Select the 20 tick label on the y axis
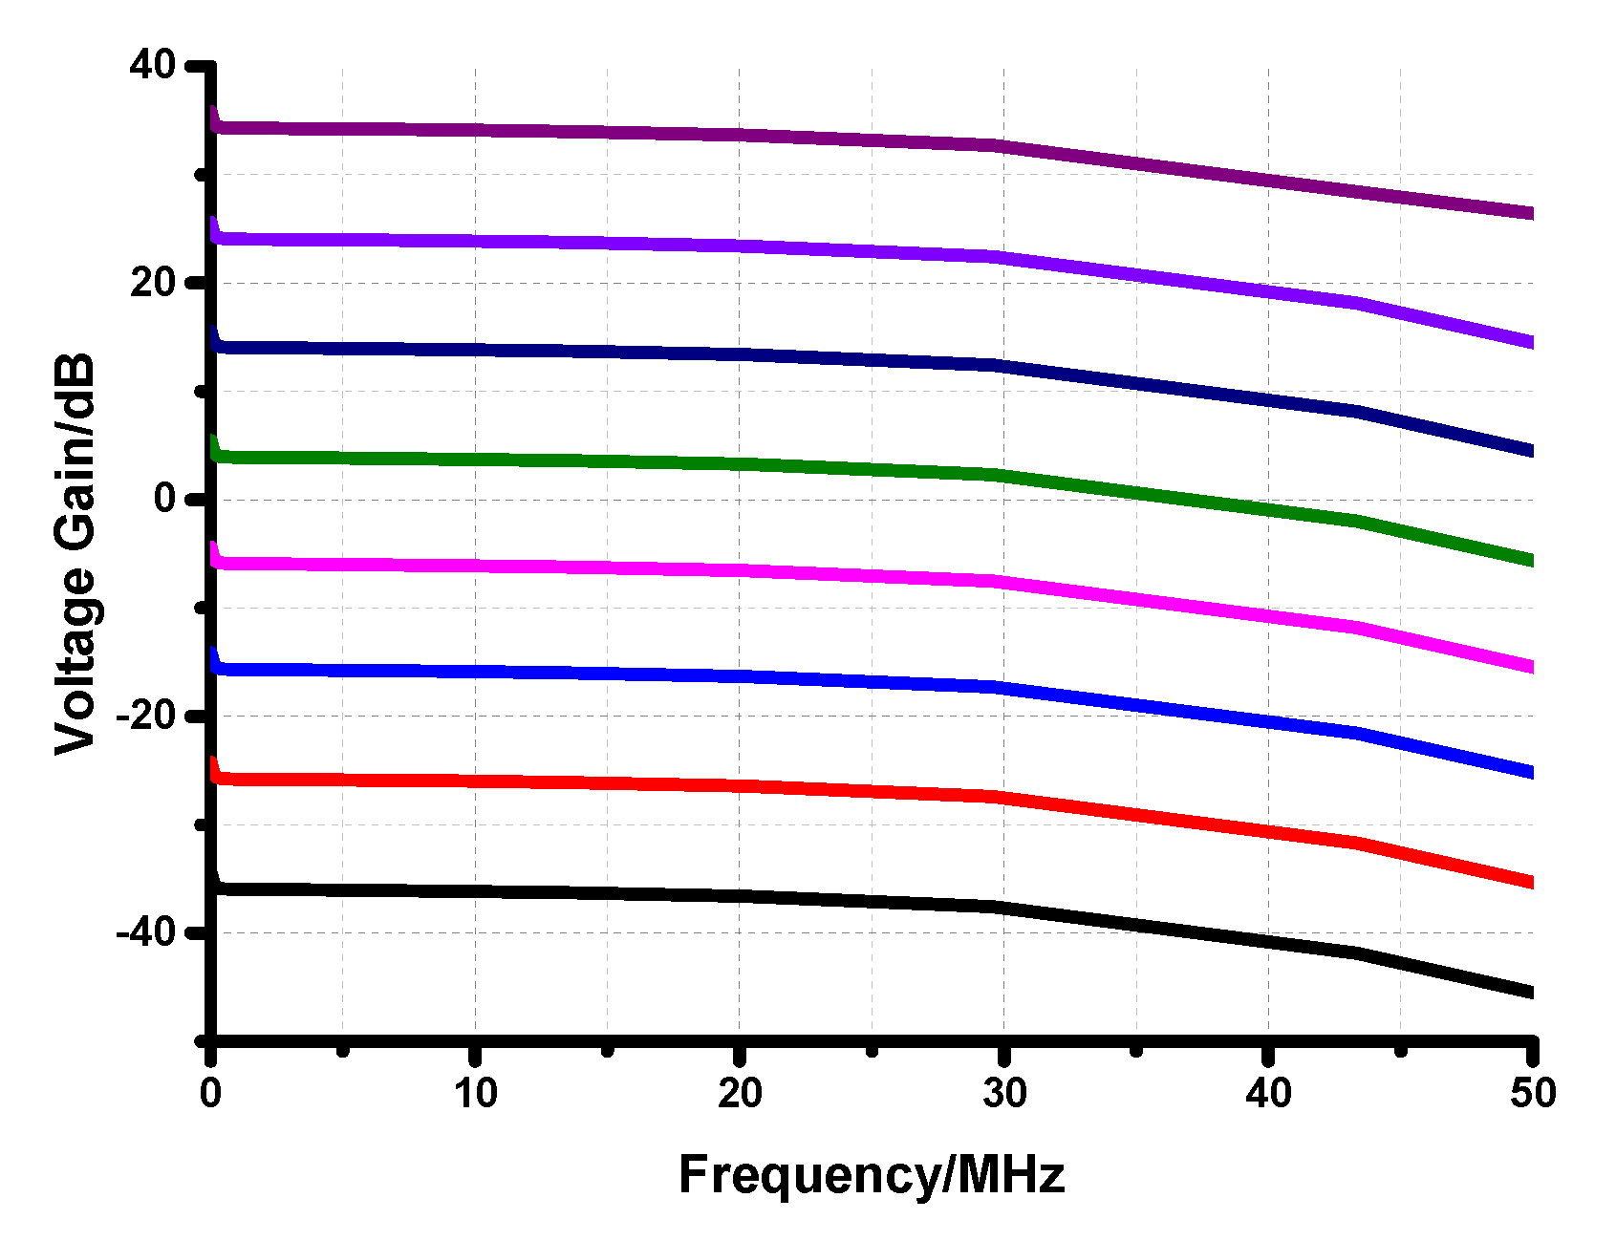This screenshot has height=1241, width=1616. coord(153,282)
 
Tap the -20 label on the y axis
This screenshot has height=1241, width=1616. coord(145,715)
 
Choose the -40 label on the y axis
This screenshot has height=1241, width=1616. coord(145,931)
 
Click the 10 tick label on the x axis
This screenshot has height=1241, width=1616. coord(475,1093)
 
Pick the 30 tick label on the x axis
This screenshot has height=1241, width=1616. coord(1003,1093)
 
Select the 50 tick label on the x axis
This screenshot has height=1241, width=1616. coord(1533,1093)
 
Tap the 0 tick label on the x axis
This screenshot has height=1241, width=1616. coord(211,1093)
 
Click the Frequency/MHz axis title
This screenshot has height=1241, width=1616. coord(871,1174)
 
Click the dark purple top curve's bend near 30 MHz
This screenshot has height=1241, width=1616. coord(1000,145)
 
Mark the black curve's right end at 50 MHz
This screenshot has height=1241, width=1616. coord(1530,993)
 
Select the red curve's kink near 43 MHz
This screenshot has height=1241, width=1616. coord(1357,842)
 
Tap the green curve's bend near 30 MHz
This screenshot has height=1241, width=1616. coord(1000,475)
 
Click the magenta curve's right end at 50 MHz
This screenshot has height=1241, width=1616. coord(1530,667)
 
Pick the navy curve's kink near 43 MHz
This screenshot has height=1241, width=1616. coord(1357,411)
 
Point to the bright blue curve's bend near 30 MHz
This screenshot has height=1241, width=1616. coord(1000,687)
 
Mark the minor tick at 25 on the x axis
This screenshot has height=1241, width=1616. coord(872,1051)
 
